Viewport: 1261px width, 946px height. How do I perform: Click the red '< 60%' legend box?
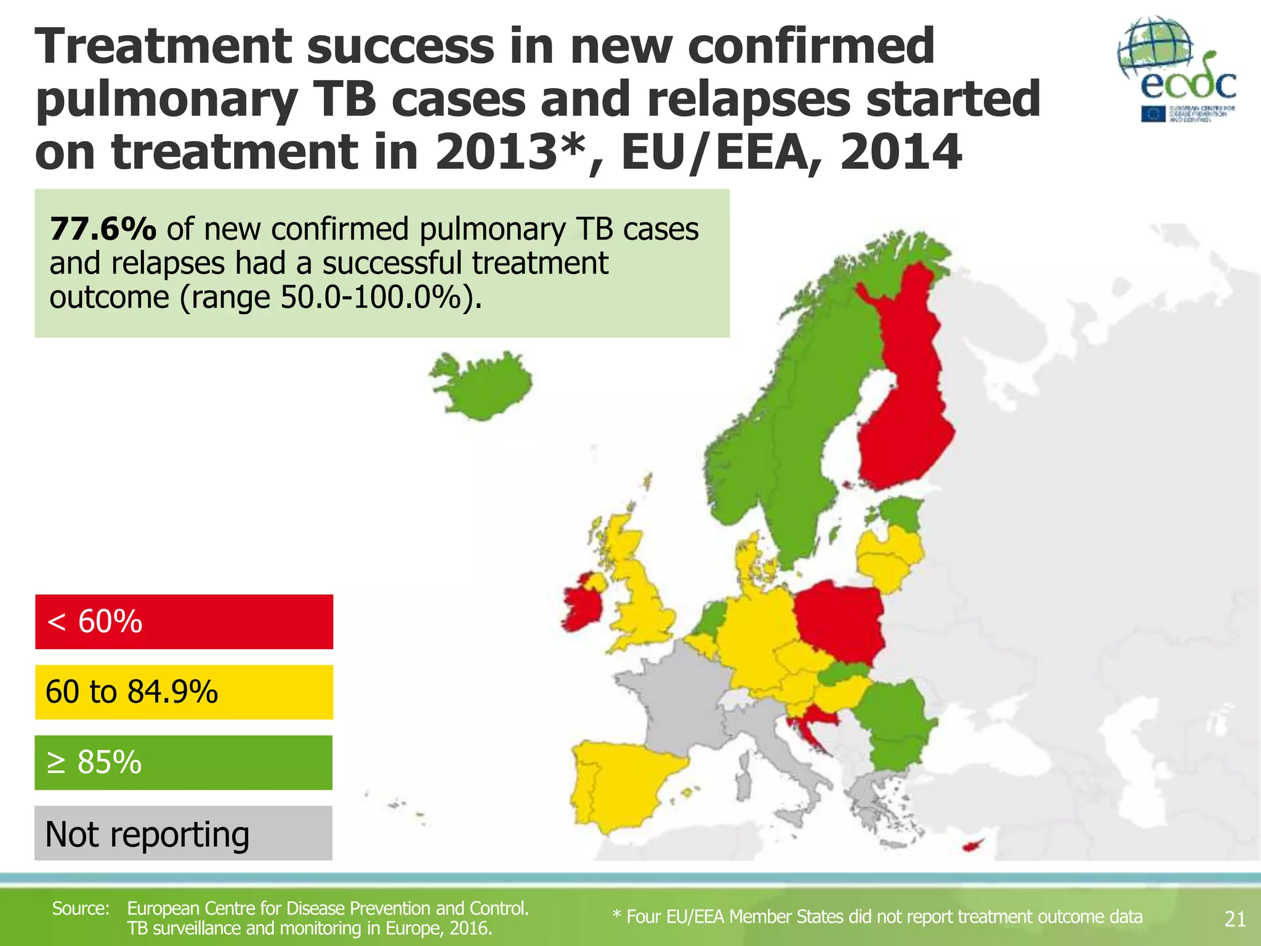coord(183,621)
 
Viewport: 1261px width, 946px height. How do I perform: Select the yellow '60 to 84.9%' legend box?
coord(183,692)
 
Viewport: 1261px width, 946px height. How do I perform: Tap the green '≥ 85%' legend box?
coord(183,762)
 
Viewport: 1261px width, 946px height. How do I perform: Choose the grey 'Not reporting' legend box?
coord(183,833)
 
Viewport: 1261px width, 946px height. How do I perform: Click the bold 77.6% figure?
coord(103,229)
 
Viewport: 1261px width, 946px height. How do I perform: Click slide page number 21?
coord(1235,919)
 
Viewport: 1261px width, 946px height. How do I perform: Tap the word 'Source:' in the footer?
coord(81,908)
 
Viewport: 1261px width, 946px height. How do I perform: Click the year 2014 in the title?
coord(900,152)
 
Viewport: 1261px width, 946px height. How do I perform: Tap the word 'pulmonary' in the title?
coord(166,100)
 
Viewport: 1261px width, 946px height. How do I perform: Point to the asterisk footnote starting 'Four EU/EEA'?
coord(877,917)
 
